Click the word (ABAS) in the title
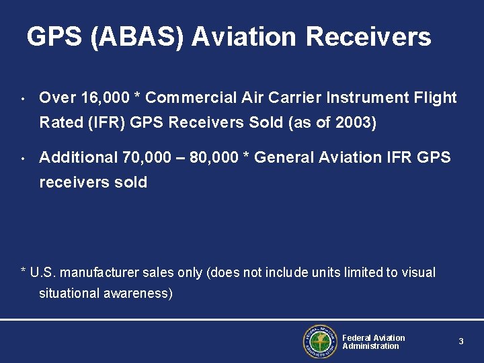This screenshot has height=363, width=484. [135, 37]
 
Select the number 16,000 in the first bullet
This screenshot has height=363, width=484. [104, 98]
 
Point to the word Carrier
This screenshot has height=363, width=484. [295, 98]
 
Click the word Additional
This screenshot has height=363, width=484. [78, 158]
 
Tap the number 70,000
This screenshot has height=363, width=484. [146, 158]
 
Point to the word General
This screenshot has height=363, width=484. [282, 158]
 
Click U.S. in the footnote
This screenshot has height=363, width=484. [42, 273]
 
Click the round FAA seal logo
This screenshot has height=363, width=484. [319, 341]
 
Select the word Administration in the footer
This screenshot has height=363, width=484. [370, 346]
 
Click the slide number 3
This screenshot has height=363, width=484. [461, 341]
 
